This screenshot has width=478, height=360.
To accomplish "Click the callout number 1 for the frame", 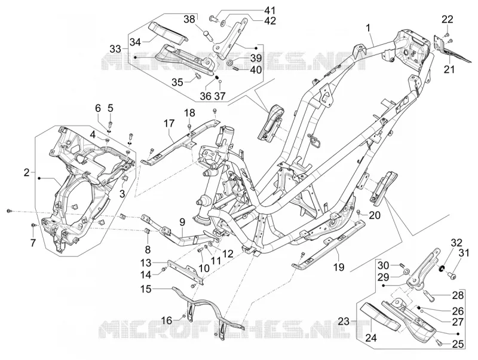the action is pos(368,29).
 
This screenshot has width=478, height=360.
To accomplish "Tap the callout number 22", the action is pos(447,20).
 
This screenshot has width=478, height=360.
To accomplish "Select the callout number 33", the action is pos(115,49).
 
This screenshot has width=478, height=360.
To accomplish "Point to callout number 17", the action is pos(169,124).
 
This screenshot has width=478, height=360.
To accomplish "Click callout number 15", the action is pos(146,289).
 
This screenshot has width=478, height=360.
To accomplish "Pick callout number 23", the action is pos(344,321).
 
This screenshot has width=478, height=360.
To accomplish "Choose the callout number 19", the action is pos(339,267).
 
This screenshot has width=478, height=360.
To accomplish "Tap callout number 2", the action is pos(27,173).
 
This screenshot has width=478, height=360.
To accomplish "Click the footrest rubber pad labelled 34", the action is pos(168,31).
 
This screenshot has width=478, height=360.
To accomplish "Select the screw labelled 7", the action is pos(34,225).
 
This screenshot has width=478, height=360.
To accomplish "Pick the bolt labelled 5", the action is pos(110,124).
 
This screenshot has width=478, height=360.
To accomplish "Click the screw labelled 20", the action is pos(358,212).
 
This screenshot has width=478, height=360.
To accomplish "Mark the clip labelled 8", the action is pos(146,231).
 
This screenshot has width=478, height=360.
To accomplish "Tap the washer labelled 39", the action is pos(231,63).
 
